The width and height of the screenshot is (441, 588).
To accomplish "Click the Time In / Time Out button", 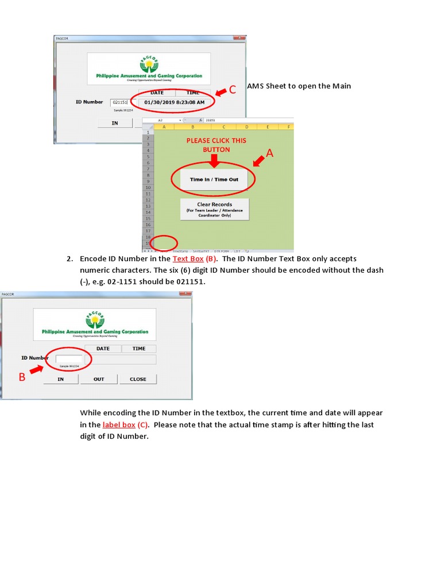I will tap(214, 180).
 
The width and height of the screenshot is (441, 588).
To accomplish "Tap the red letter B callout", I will tap(22, 377).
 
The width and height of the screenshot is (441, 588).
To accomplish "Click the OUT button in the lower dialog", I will tap(99, 379).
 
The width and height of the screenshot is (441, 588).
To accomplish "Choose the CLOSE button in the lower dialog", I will tap(138, 379).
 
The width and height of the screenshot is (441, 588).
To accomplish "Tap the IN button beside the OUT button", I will tap(60, 379).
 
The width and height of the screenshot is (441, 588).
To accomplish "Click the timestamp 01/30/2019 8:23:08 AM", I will tap(174, 102).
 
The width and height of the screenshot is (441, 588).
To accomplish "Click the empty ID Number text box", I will tap(69, 359).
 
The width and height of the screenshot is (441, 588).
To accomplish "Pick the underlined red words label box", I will tap(119, 425).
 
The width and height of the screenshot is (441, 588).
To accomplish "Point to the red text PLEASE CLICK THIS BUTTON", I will tap(216, 145).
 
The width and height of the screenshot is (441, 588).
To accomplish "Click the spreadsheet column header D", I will tap(246, 127).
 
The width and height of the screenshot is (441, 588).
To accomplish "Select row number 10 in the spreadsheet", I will tap(148, 187).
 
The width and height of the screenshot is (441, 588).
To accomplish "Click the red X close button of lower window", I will tap(185, 294).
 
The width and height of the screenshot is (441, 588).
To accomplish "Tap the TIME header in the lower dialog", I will tap(139, 349).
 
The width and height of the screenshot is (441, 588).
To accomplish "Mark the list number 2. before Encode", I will tap(71, 259).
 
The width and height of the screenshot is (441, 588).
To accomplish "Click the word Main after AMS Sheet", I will tap(341, 86).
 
